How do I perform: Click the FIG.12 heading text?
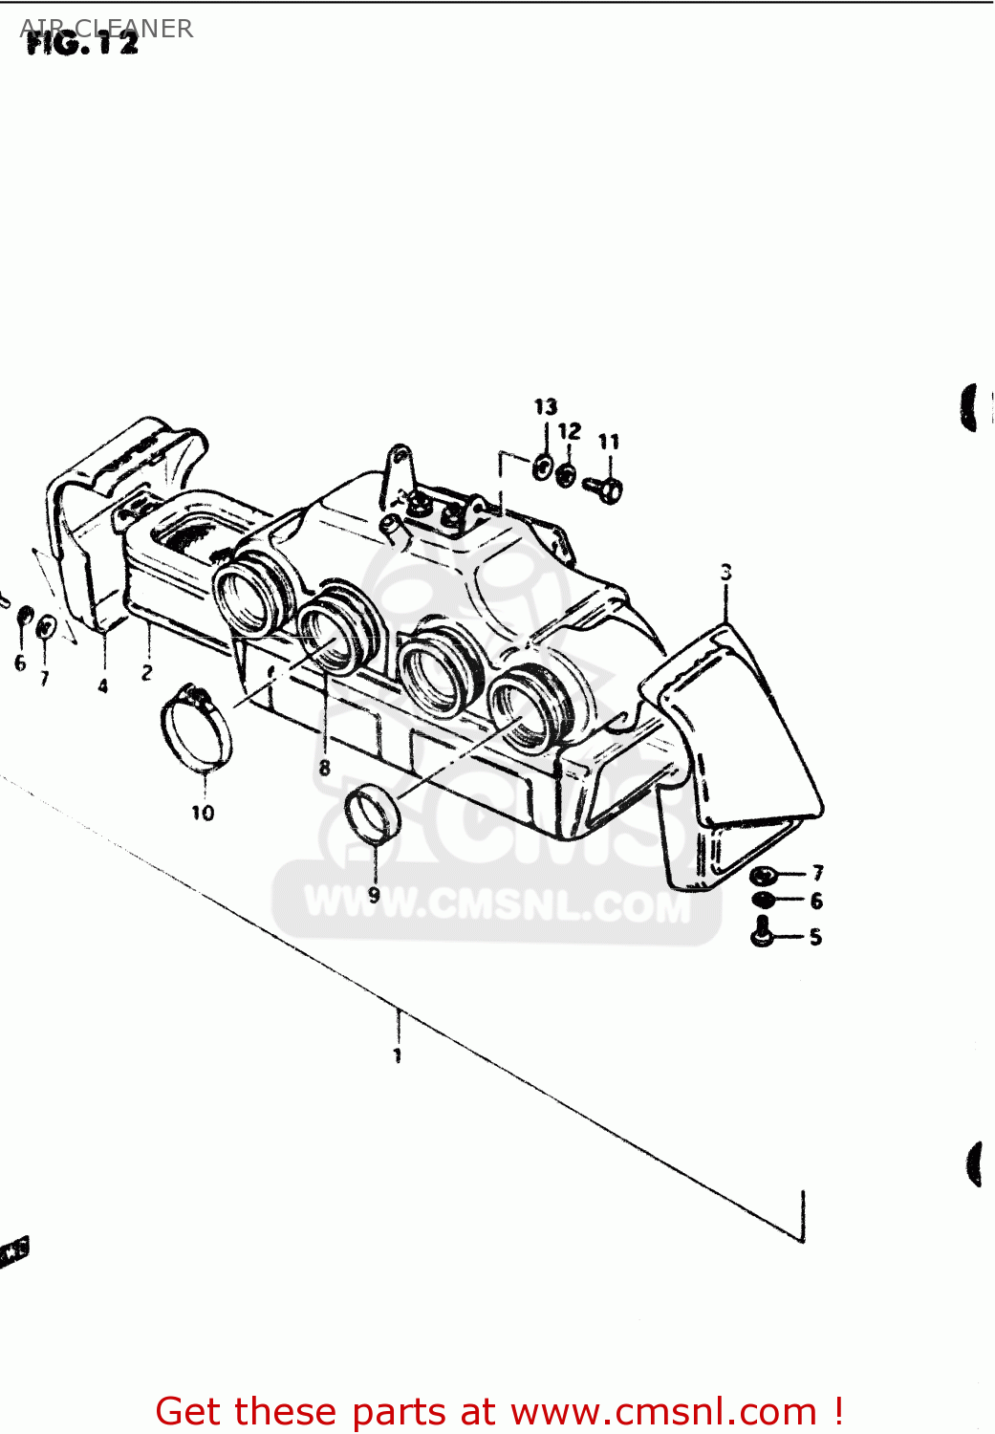click(81, 42)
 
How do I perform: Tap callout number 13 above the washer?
click(545, 407)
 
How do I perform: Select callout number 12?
click(570, 431)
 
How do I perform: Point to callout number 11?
click(609, 442)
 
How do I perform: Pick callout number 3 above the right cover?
click(726, 573)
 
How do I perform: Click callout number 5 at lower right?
click(815, 937)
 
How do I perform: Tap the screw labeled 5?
click(762, 931)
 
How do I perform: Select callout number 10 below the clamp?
click(203, 813)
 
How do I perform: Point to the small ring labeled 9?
click(370, 813)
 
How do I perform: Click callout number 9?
click(374, 895)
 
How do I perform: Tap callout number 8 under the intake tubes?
click(325, 767)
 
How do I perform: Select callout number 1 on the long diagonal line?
click(397, 1055)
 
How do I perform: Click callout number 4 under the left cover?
click(103, 685)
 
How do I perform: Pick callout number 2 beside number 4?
click(146, 673)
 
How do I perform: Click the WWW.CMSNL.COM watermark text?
click(497, 903)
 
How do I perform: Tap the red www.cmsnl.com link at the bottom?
click(663, 1411)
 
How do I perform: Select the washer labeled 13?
click(542, 468)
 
